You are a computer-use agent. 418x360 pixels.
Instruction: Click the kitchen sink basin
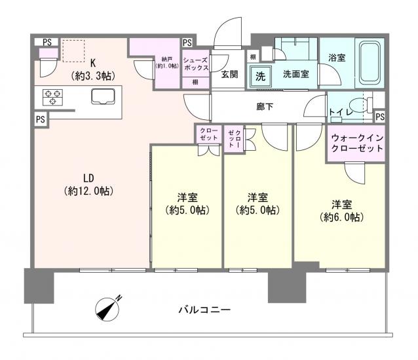point(104,98)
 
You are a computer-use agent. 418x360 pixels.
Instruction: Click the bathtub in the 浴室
point(371,62)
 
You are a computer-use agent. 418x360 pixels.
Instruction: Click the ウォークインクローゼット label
point(357,144)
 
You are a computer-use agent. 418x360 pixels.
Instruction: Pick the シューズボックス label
point(197,63)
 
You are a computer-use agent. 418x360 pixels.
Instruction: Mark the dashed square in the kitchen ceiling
point(74,49)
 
